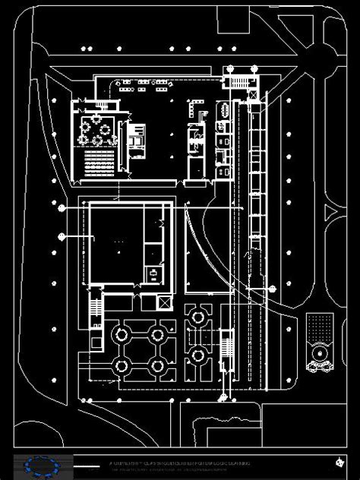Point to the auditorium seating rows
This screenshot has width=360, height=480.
tap(98, 160)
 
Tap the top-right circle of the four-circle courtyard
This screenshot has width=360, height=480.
tap(157, 333)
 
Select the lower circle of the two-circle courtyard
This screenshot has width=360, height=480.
tap(198, 353)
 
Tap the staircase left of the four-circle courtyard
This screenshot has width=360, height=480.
tap(95, 308)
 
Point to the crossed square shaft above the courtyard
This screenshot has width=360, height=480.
tap(163, 302)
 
